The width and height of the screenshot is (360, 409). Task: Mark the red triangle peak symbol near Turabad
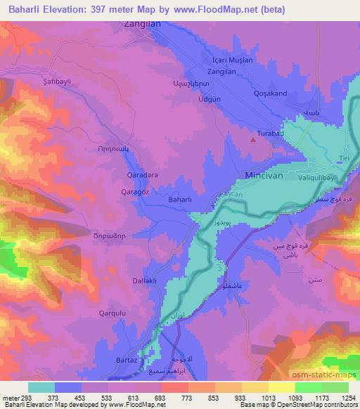coord(253,140)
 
